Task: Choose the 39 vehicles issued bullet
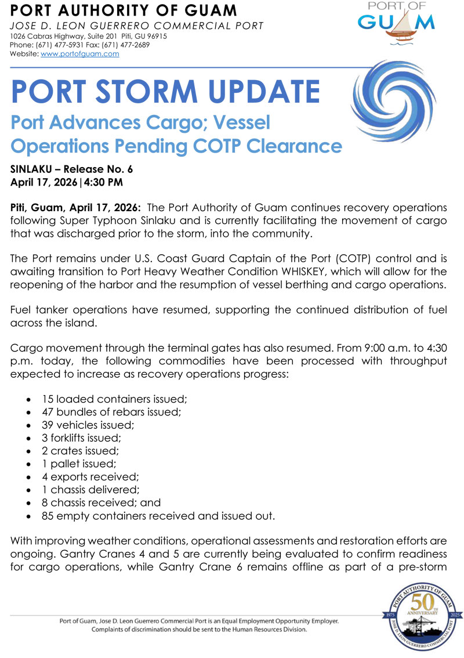click(x=88, y=425)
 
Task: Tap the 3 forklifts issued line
click(x=81, y=438)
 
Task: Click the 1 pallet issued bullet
click(x=78, y=463)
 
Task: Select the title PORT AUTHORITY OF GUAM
click(x=124, y=10)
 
